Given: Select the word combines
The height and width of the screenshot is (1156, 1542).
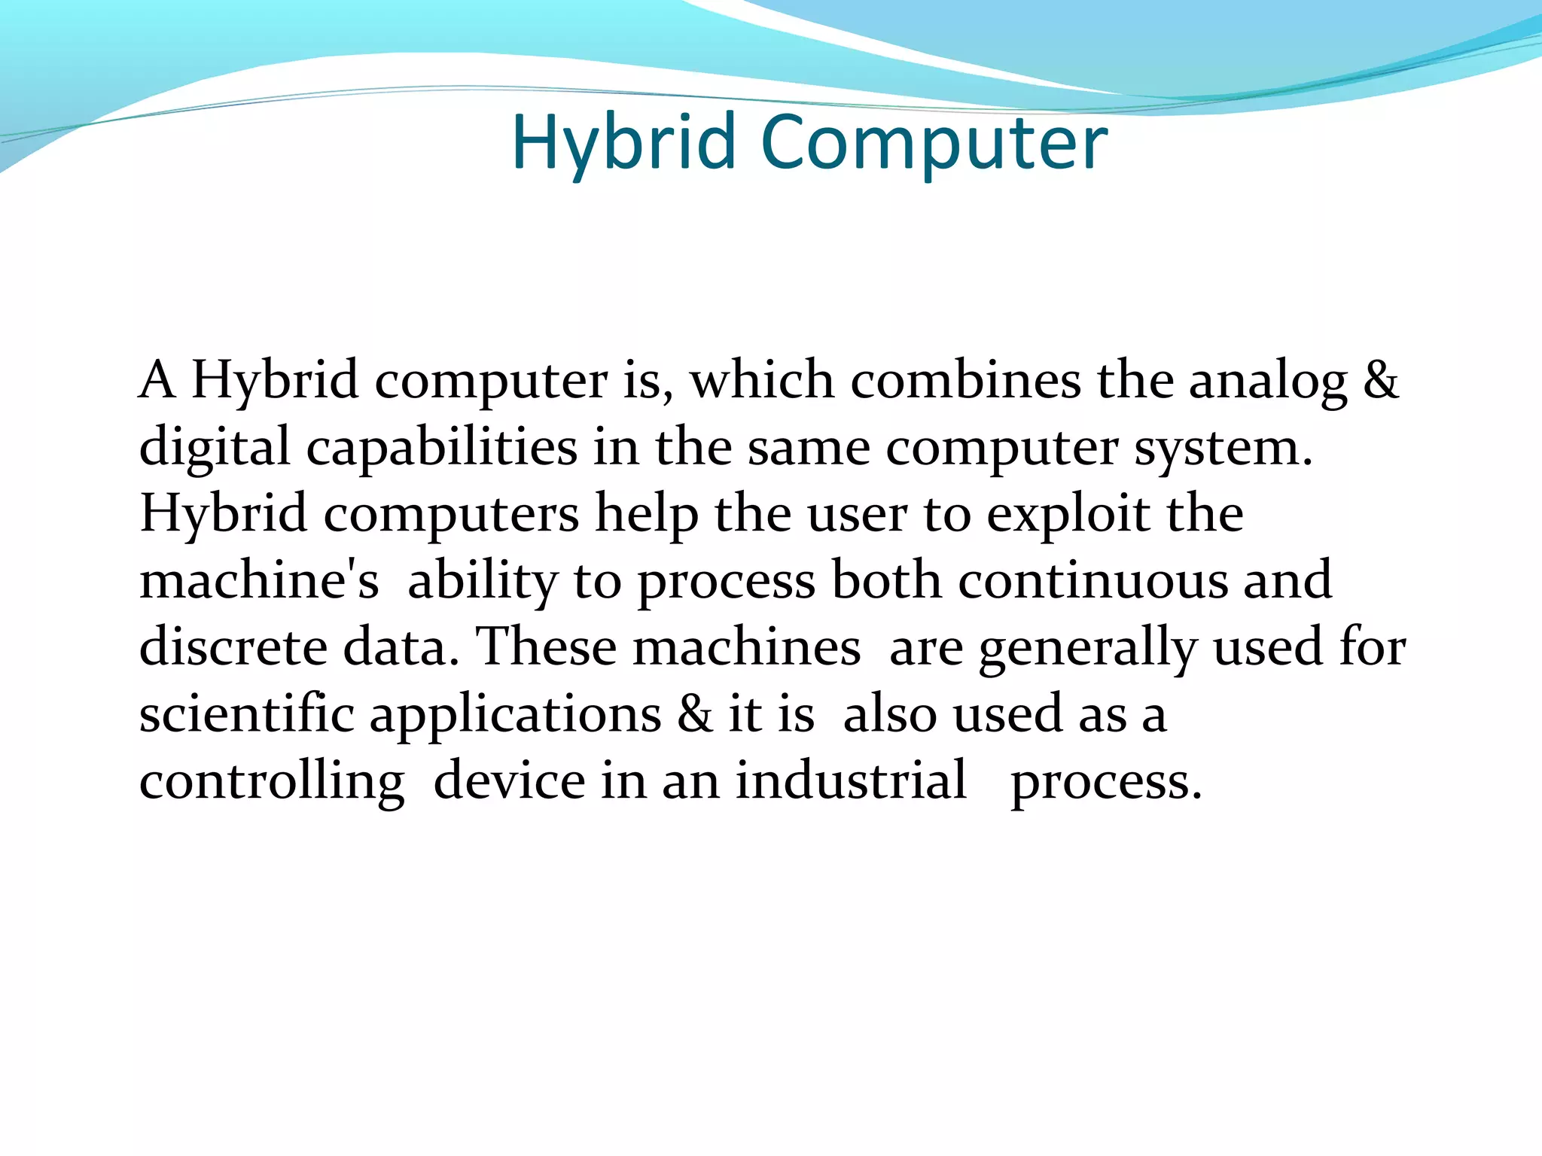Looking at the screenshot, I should tap(965, 381).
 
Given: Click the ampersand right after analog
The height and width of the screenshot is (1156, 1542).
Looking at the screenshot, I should tap(1380, 381).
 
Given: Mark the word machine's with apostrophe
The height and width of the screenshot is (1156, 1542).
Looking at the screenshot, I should tap(259, 581).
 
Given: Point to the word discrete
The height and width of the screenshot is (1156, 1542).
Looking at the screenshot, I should tap(233, 647).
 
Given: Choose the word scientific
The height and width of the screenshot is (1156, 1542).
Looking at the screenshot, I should tap(246, 714).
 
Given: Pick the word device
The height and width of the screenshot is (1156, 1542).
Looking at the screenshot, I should tap(509, 781).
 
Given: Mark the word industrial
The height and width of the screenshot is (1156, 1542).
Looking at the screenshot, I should tap(851, 781).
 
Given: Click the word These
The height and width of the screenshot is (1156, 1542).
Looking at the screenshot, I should tap(547, 647).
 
